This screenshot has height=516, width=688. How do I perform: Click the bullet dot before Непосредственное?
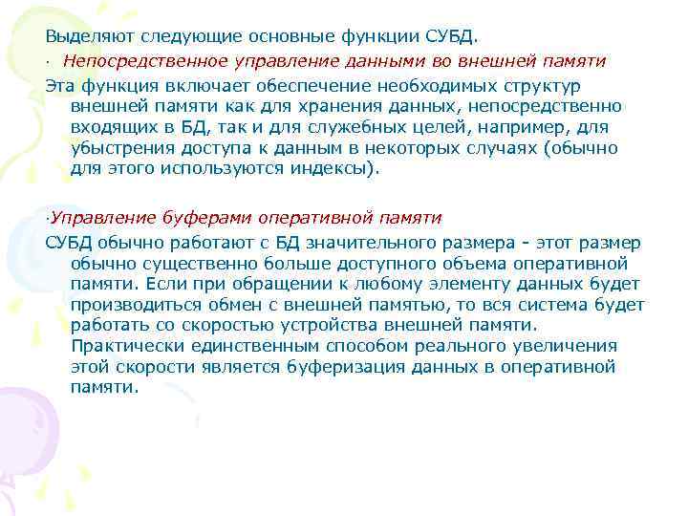coord(47,61)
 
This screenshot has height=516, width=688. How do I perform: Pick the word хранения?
coord(312,106)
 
